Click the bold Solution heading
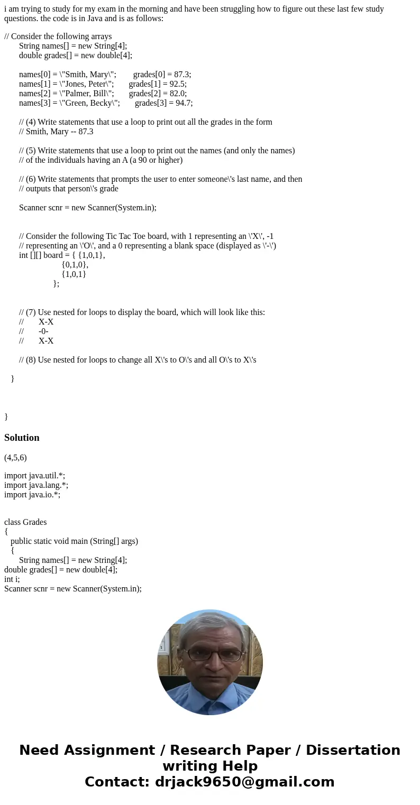pyautogui.click(x=22, y=438)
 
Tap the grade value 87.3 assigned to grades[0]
pyautogui.click(x=182, y=75)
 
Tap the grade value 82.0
pyautogui.click(x=178, y=94)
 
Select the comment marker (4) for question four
pyautogui.click(x=31, y=122)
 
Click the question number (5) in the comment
pyautogui.click(x=31, y=151)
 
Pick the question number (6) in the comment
pyautogui.click(x=31, y=179)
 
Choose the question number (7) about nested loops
pyautogui.click(x=31, y=312)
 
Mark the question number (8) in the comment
pyautogui.click(x=31, y=360)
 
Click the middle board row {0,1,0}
pyautogui.click(x=75, y=265)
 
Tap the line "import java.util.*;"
pyautogui.click(x=35, y=476)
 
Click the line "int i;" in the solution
pyautogui.click(x=12, y=579)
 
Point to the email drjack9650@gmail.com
pyautogui.click(x=243, y=782)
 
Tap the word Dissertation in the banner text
pyautogui.click(x=353, y=751)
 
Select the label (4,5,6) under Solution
pyautogui.click(x=15, y=458)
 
